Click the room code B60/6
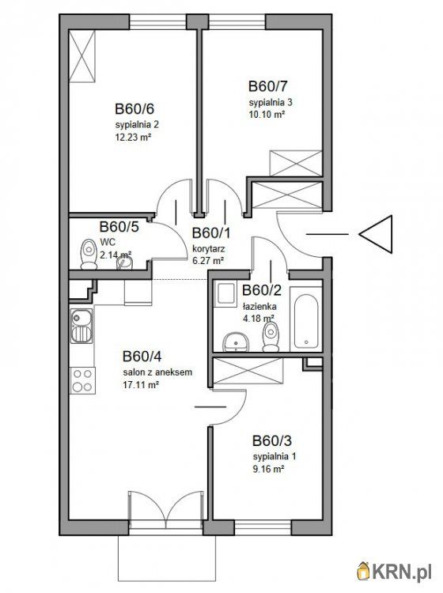point(134,109)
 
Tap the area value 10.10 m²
point(267,114)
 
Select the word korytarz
point(209,249)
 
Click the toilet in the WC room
point(89,254)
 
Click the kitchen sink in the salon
point(81,326)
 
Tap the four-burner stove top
point(82,380)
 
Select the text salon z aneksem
point(157,372)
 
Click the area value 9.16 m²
point(269,470)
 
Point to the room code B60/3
point(272,441)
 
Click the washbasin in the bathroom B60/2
point(235,342)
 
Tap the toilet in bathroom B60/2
point(271,337)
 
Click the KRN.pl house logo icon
point(364,571)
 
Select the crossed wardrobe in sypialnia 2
point(81,56)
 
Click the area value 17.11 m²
point(140,385)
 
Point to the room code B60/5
point(119,227)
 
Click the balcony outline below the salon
point(167,580)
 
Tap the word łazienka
point(259,306)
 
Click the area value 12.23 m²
point(133,138)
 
